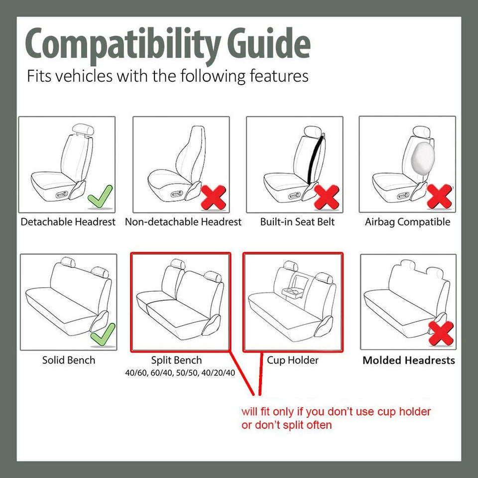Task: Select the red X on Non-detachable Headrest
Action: (x=213, y=197)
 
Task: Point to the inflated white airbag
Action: (x=420, y=155)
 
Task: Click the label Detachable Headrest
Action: (x=68, y=222)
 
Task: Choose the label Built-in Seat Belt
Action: (x=297, y=222)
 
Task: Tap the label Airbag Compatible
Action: (x=407, y=222)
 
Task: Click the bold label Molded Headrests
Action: (x=408, y=360)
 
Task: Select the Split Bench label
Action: (x=176, y=360)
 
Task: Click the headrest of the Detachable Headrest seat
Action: (x=80, y=129)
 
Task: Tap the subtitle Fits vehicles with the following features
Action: (x=167, y=76)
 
